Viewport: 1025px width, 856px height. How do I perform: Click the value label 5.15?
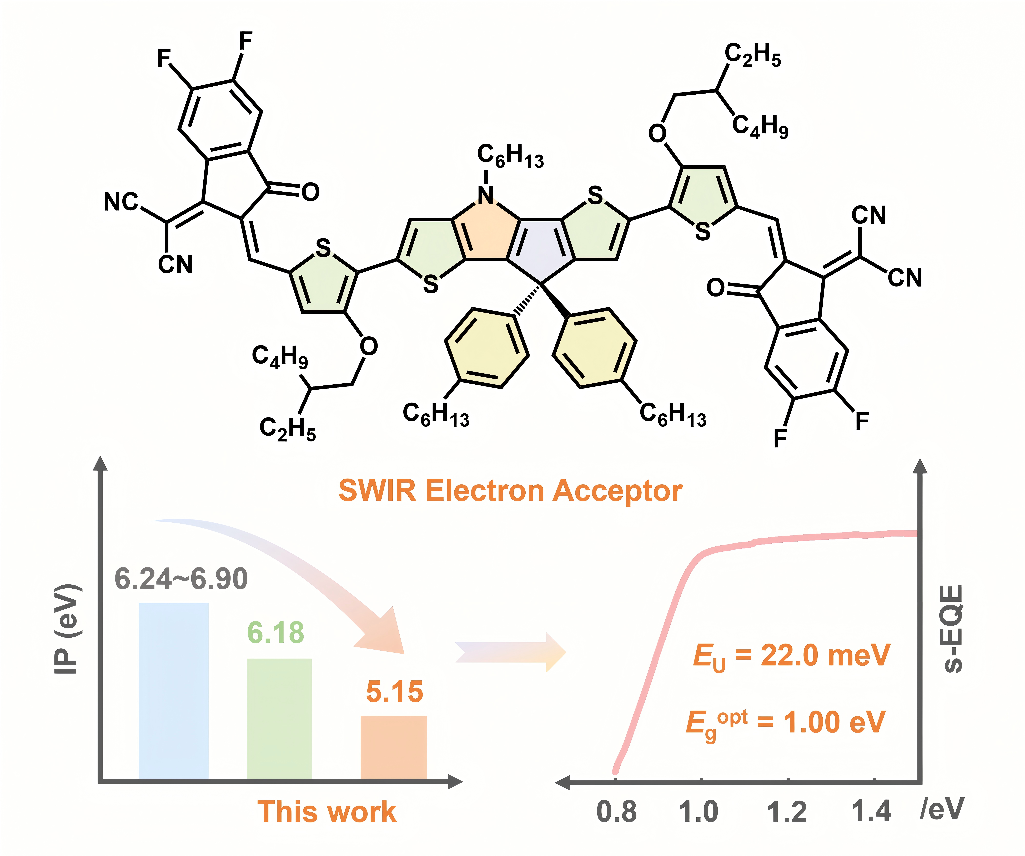coord(394,692)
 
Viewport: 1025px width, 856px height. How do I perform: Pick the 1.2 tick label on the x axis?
coord(786,812)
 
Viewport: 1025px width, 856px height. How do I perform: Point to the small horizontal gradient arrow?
coord(510,652)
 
